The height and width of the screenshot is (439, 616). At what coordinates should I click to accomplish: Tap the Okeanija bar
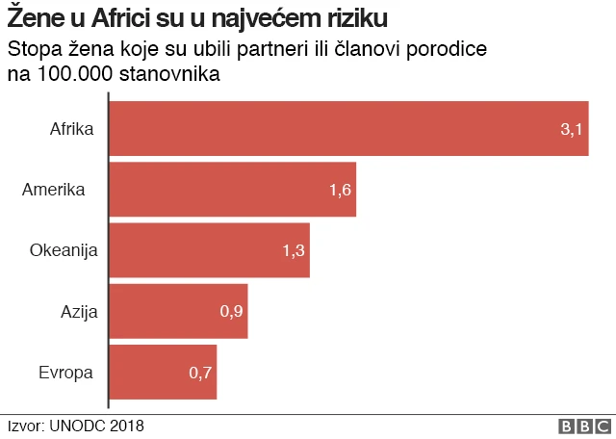(x=210, y=250)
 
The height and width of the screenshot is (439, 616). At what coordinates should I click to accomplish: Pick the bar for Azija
(x=179, y=311)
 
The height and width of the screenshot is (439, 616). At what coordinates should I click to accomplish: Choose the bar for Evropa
(x=164, y=372)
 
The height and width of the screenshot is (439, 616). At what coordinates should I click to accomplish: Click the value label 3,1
(x=573, y=129)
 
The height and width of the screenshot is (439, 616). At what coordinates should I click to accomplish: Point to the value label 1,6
(x=341, y=190)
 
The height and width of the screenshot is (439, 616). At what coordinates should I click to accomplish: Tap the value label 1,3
(x=294, y=250)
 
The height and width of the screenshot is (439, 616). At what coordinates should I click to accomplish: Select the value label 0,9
(x=232, y=311)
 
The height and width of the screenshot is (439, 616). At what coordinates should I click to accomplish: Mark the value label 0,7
(x=200, y=372)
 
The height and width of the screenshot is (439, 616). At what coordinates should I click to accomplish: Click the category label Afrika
(x=71, y=128)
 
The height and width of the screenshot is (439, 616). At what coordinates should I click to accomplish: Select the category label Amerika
(x=54, y=190)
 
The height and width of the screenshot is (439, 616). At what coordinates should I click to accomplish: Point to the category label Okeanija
(x=64, y=250)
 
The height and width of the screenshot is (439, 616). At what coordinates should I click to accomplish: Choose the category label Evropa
(x=65, y=372)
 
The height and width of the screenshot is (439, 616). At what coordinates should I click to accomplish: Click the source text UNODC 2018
(x=96, y=426)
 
